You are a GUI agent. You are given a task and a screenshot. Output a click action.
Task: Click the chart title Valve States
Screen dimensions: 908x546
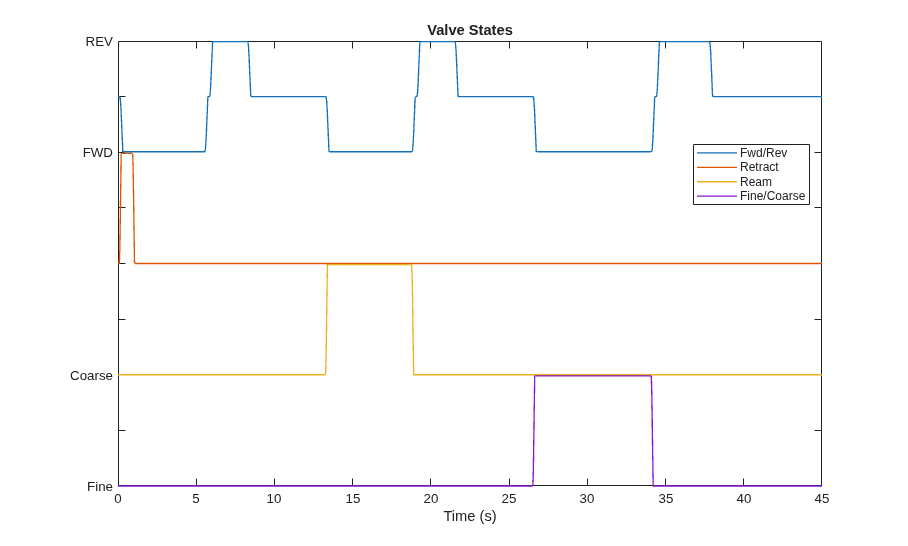(470, 30)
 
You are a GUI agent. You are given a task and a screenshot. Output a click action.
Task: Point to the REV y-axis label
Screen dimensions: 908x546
(99, 42)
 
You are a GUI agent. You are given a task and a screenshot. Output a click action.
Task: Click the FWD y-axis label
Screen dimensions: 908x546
(98, 153)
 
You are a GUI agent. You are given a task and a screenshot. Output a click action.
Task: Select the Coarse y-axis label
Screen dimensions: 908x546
(91, 376)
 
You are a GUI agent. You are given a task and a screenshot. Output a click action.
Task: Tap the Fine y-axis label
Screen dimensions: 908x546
(100, 487)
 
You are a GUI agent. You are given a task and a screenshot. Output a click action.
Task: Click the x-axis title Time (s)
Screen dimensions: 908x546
(470, 516)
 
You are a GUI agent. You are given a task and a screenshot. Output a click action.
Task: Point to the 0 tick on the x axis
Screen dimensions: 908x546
(118, 499)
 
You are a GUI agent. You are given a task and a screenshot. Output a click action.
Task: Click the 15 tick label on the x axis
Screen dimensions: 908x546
(353, 499)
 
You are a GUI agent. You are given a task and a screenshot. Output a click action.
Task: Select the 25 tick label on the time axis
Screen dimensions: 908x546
(509, 499)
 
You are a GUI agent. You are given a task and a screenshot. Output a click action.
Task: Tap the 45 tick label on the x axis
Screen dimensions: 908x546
(821, 499)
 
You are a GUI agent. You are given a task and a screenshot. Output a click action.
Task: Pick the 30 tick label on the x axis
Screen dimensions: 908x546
(587, 499)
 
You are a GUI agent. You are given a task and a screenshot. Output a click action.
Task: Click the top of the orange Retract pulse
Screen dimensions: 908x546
(127, 153)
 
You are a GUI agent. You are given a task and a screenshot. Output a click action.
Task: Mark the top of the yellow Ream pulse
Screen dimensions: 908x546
(369, 265)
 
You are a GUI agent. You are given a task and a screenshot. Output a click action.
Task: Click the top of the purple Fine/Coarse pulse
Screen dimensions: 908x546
(593, 376)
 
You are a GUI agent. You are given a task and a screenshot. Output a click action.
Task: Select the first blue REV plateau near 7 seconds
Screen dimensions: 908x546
(230, 42)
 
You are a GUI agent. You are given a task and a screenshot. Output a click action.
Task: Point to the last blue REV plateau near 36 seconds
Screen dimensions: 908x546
(684, 42)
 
